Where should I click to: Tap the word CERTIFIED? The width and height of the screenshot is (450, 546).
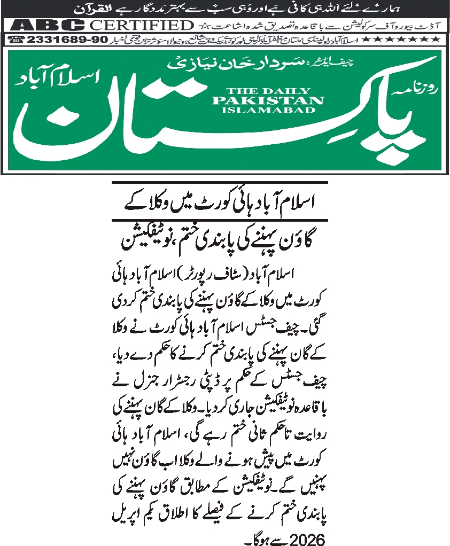(x=140, y=25)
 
